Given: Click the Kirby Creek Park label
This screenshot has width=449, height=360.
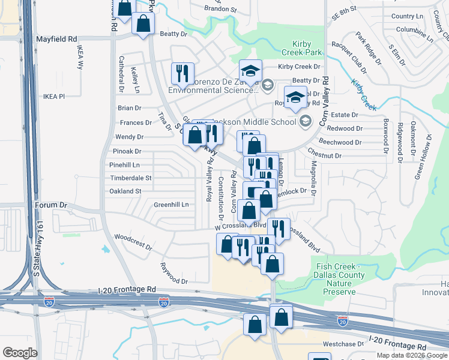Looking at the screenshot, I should [x=307, y=49].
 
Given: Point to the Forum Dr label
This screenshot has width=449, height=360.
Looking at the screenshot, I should [x=50, y=205].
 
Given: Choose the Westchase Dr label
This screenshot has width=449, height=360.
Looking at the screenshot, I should [x=343, y=344].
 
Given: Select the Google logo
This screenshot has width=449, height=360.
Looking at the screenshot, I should [x=20, y=352].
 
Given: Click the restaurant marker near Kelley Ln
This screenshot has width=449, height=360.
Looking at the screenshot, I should [x=181, y=73].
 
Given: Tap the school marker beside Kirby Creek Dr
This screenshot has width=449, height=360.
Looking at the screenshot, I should [x=251, y=70].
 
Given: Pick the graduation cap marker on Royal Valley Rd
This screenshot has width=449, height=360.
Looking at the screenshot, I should [x=295, y=97].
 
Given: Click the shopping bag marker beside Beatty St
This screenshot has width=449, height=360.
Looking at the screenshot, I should [x=143, y=24].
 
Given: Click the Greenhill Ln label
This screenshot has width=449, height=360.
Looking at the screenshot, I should [x=171, y=205].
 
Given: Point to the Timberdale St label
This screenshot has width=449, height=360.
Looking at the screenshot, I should [x=131, y=178].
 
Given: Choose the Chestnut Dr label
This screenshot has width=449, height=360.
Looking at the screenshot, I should [x=324, y=156].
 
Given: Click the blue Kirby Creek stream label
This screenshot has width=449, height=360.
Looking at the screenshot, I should [x=363, y=95].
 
